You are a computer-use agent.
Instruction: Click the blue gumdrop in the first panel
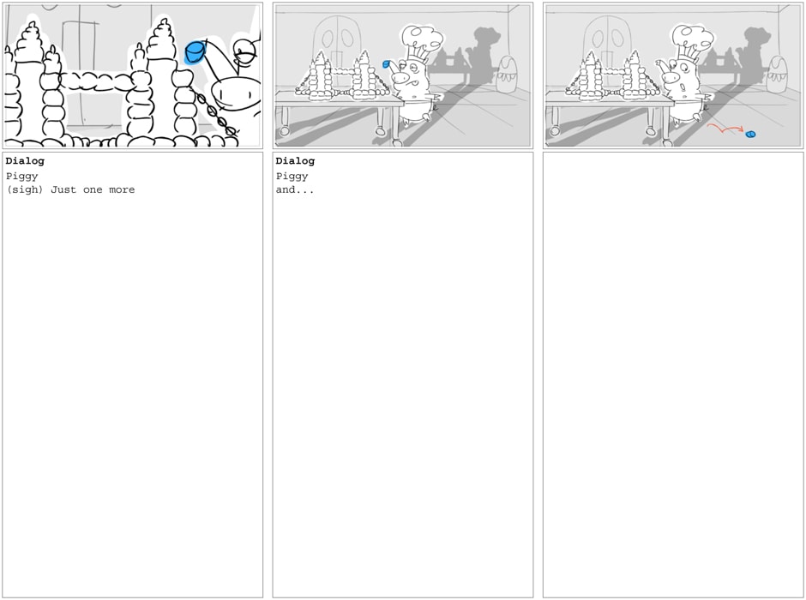coord(195,52)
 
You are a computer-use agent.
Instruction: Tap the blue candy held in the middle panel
coord(386,63)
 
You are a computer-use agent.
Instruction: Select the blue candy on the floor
coord(750,135)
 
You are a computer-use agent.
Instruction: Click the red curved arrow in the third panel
coord(725,128)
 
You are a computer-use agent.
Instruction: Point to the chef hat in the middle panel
coord(422,41)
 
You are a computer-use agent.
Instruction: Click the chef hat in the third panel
coord(692,41)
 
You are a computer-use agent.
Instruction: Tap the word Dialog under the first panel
coord(25,161)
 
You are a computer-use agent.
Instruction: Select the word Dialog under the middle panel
coord(295,161)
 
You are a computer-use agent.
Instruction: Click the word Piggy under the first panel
coord(22,177)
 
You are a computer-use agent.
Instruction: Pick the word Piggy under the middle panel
coord(292,177)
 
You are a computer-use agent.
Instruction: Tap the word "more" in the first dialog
coord(122,190)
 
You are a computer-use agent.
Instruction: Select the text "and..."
coord(295,190)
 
